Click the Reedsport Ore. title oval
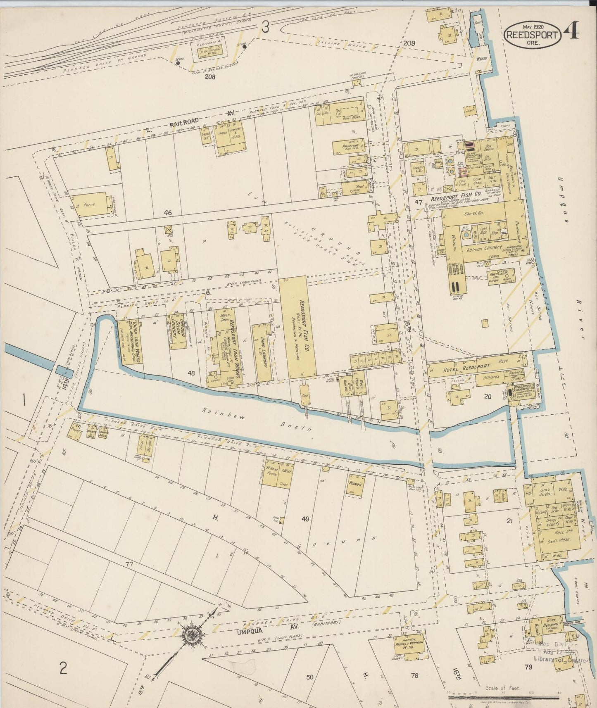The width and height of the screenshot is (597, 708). (x=532, y=35)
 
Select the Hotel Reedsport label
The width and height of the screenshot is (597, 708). (x=466, y=368)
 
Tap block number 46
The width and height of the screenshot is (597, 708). (x=167, y=213)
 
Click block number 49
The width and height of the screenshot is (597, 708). (x=305, y=519)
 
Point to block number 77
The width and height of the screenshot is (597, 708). (x=129, y=564)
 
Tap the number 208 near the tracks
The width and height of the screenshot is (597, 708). (x=211, y=76)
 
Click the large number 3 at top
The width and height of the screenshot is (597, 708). (x=265, y=28)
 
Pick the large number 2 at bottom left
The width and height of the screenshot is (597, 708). (x=63, y=668)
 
